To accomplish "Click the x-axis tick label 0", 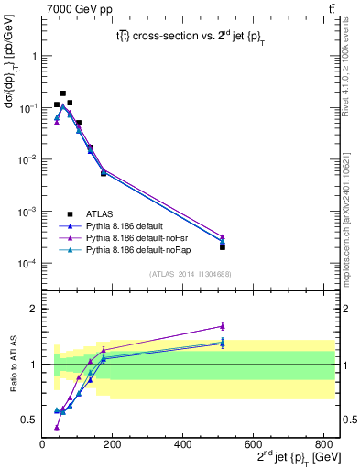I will click(43, 443).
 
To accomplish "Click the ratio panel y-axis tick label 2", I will click(33, 309).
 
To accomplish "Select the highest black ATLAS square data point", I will click(63, 93).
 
